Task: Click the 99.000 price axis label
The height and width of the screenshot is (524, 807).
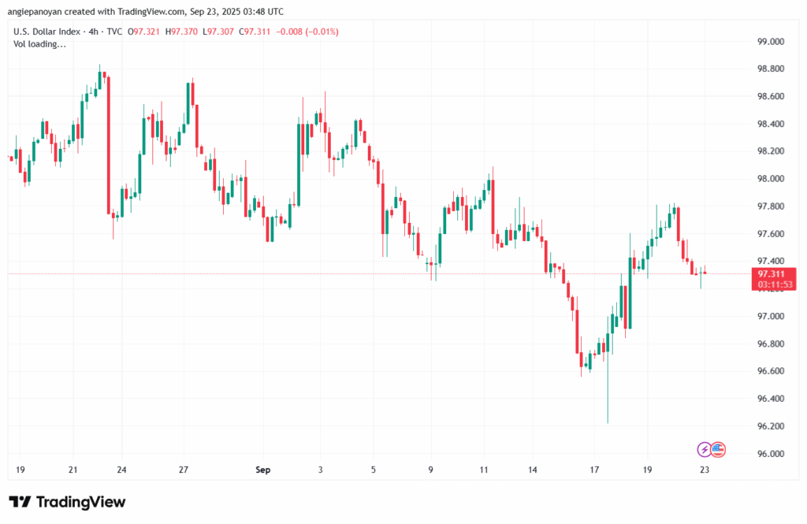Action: tap(769, 41)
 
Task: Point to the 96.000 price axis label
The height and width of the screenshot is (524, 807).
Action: tap(769, 454)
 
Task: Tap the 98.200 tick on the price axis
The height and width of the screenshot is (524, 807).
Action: tap(769, 151)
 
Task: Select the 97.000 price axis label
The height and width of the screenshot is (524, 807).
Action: tap(769, 316)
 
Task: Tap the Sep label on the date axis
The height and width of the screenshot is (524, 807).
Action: tap(263, 470)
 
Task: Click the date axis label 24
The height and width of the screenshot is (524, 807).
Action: tap(122, 470)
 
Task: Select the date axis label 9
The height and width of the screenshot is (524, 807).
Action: tap(431, 470)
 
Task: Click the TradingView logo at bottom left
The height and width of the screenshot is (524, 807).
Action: tap(68, 502)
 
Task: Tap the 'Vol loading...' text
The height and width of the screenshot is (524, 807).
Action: tap(40, 44)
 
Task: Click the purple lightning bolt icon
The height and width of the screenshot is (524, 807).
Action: tap(704, 449)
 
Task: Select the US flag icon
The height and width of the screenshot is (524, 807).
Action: tap(717, 449)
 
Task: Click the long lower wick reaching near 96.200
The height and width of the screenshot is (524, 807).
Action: tap(608, 394)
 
